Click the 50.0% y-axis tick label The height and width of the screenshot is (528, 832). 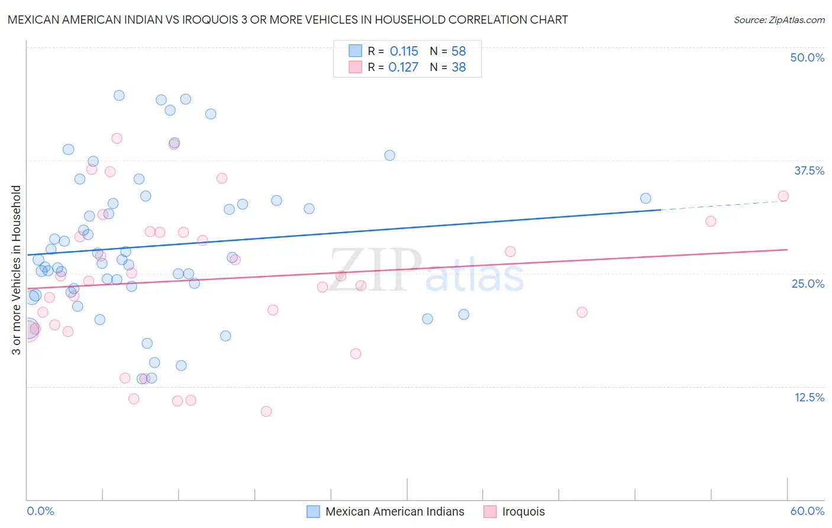click(x=807, y=57)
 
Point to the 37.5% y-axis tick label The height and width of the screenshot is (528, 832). click(x=808, y=170)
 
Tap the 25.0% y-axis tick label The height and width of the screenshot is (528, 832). click(x=808, y=284)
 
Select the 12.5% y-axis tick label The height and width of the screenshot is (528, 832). click(x=808, y=397)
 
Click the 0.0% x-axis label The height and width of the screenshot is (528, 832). click(x=40, y=511)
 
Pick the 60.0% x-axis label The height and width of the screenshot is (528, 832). click(x=807, y=511)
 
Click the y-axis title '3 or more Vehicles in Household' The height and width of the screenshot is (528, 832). click(x=16, y=270)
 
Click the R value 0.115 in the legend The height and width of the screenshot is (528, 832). click(x=404, y=51)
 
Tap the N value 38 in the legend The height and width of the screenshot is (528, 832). click(x=459, y=67)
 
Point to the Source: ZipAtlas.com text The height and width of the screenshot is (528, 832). click(x=779, y=20)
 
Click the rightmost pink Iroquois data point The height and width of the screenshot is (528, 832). click(x=783, y=196)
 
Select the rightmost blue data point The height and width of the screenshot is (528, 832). click(x=646, y=198)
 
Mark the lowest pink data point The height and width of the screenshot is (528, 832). click(x=266, y=411)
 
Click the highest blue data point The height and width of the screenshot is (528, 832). click(x=119, y=95)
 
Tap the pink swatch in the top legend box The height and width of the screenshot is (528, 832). click(x=355, y=67)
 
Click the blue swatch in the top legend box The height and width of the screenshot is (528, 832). click(x=355, y=51)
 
